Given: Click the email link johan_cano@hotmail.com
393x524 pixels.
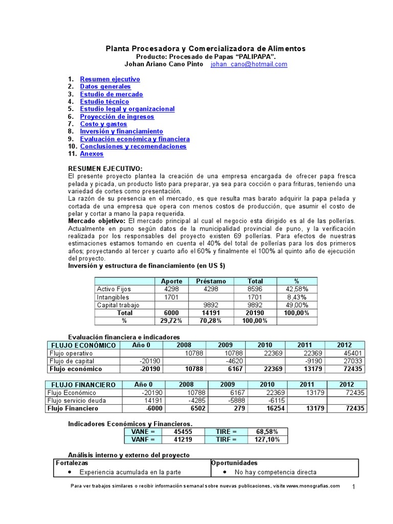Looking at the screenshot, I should pyautogui.click(x=249, y=64).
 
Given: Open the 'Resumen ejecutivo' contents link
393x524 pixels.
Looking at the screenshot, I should pyautogui.click(x=110, y=79).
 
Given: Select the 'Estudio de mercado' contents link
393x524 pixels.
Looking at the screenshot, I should pyautogui.click(x=111, y=94).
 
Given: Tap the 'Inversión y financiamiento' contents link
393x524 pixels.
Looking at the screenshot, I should pyautogui.click(x=121, y=132).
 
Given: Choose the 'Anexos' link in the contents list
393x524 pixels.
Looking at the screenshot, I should pyautogui.click(x=92, y=154).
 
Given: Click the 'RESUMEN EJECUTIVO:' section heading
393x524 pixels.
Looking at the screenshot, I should pyautogui.click(x=105, y=168).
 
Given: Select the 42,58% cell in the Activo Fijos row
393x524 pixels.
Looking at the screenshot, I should pyautogui.click(x=297, y=289).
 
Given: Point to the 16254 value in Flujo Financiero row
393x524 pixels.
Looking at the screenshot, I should pyautogui.click(x=264, y=408).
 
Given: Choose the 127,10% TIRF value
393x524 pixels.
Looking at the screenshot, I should pyautogui.click(x=267, y=440).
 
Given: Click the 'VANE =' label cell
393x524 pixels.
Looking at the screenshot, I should pyautogui.click(x=143, y=432).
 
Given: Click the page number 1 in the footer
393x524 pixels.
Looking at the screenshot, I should pyautogui.click(x=354, y=487).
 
